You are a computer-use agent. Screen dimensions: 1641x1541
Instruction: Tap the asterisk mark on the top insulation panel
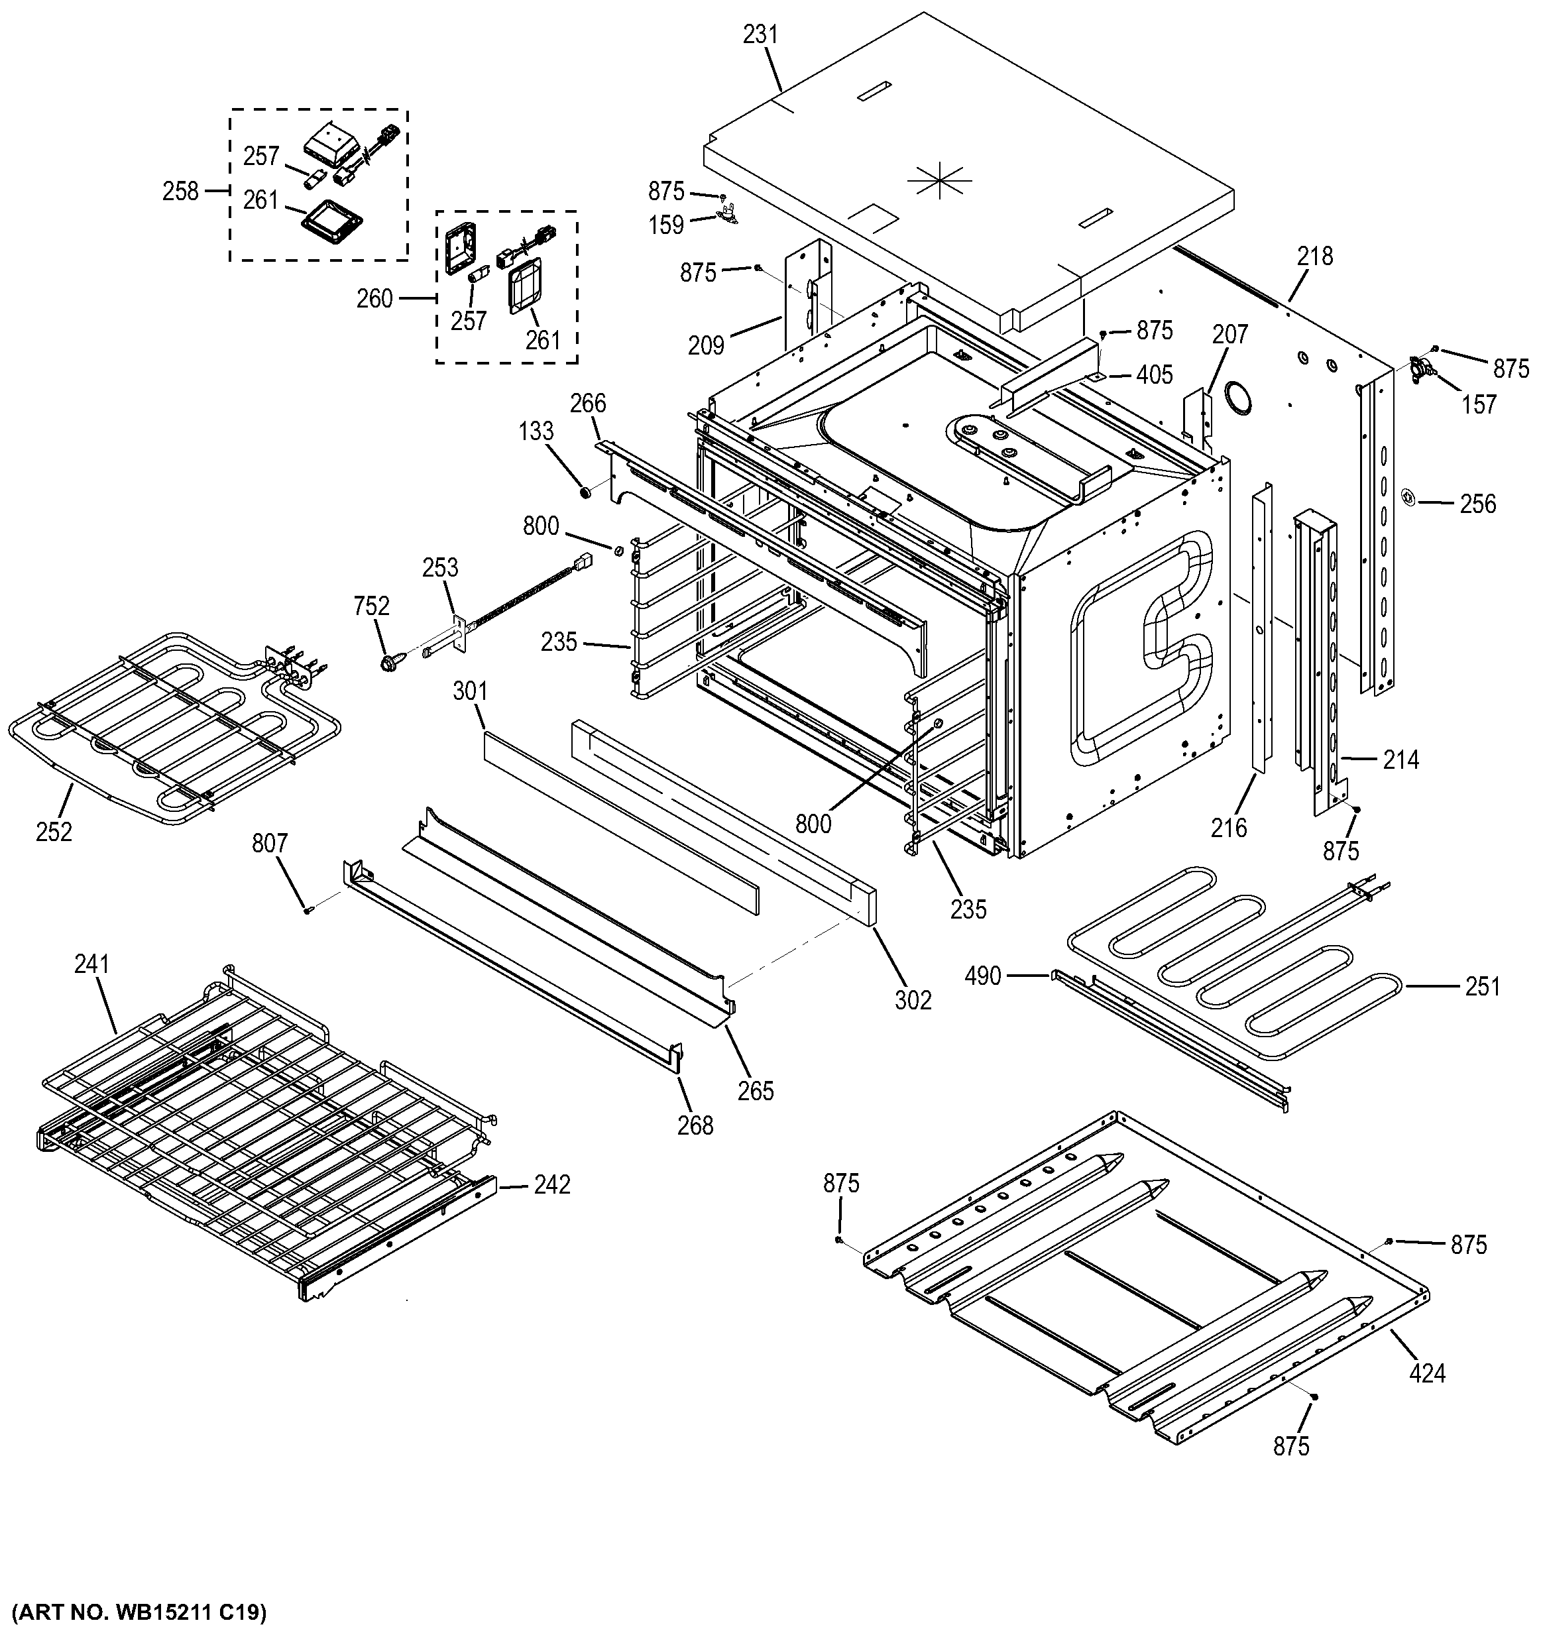pyautogui.click(x=939, y=179)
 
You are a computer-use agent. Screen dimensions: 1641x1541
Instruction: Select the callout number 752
pyautogui.click(x=371, y=606)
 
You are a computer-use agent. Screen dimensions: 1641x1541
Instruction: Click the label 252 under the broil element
pyautogui.click(x=54, y=831)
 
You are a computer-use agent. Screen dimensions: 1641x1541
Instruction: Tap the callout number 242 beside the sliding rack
pyautogui.click(x=551, y=1184)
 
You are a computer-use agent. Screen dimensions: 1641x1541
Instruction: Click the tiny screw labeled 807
pyautogui.click(x=309, y=910)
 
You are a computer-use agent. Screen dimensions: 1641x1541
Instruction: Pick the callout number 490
pyautogui.click(x=982, y=976)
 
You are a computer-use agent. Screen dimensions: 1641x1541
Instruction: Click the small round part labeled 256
pyautogui.click(x=1408, y=496)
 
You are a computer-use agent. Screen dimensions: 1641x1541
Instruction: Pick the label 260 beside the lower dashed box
pyautogui.click(x=374, y=298)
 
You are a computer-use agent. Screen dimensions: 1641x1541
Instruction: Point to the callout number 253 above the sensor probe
pyautogui.click(x=440, y=567)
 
